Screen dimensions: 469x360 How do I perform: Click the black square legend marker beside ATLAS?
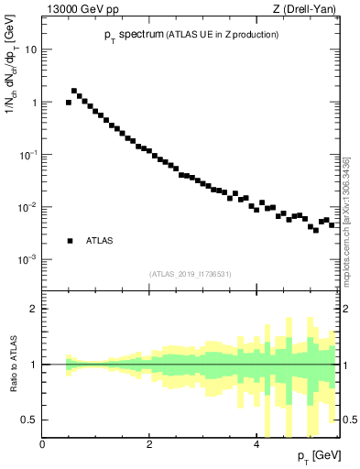(x=70, y=241)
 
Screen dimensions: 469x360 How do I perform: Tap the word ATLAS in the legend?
(x=99, y=241)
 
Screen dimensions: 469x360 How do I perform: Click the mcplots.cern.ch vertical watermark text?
(x=345, y=220)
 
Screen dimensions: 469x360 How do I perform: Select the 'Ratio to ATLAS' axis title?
(x=13, y=364)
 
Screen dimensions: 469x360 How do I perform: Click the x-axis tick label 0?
(x=42, y=443)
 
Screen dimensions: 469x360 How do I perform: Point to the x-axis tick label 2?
(x=148, y=443)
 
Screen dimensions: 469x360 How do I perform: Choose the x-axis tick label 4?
(x=256, y=443)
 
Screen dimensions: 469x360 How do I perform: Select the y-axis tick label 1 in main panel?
(x=34, y=103)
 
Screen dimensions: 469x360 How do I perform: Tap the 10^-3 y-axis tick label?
(x=27, y=260)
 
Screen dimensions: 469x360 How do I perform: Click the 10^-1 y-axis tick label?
(x=27, y=155)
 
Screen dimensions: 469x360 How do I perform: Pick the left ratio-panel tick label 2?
(x=34, y=309)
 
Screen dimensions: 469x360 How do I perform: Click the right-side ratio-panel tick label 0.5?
(x=350, y=420)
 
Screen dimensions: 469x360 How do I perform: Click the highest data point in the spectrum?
(x=74, y=91)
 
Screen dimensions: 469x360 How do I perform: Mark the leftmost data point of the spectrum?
(x=69, y=103)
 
